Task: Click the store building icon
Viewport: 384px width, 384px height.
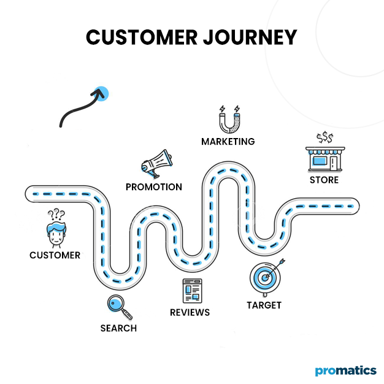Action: tap(323, 158)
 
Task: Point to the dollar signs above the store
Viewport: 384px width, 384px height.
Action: tap(324, 137)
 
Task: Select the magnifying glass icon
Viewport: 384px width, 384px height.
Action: tap(116, 304)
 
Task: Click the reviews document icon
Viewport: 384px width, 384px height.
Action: tap(192, 291)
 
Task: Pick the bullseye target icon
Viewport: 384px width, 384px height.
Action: tap(265, 278)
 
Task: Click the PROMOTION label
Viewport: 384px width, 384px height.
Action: tap(153, 186)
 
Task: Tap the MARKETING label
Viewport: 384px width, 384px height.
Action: tap(228, 142)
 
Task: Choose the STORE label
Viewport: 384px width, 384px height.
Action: tap(323, 180)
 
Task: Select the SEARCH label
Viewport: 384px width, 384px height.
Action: tap(118, 328)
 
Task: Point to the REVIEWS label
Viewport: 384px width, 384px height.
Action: tap(190, 312)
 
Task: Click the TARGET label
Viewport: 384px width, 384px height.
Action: tap(264, 305)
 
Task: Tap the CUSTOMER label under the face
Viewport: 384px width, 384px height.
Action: tap(55, 255)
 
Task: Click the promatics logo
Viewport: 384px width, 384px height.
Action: tap(345, 371)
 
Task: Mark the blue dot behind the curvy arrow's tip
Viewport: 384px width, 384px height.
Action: tap(101, 94)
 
